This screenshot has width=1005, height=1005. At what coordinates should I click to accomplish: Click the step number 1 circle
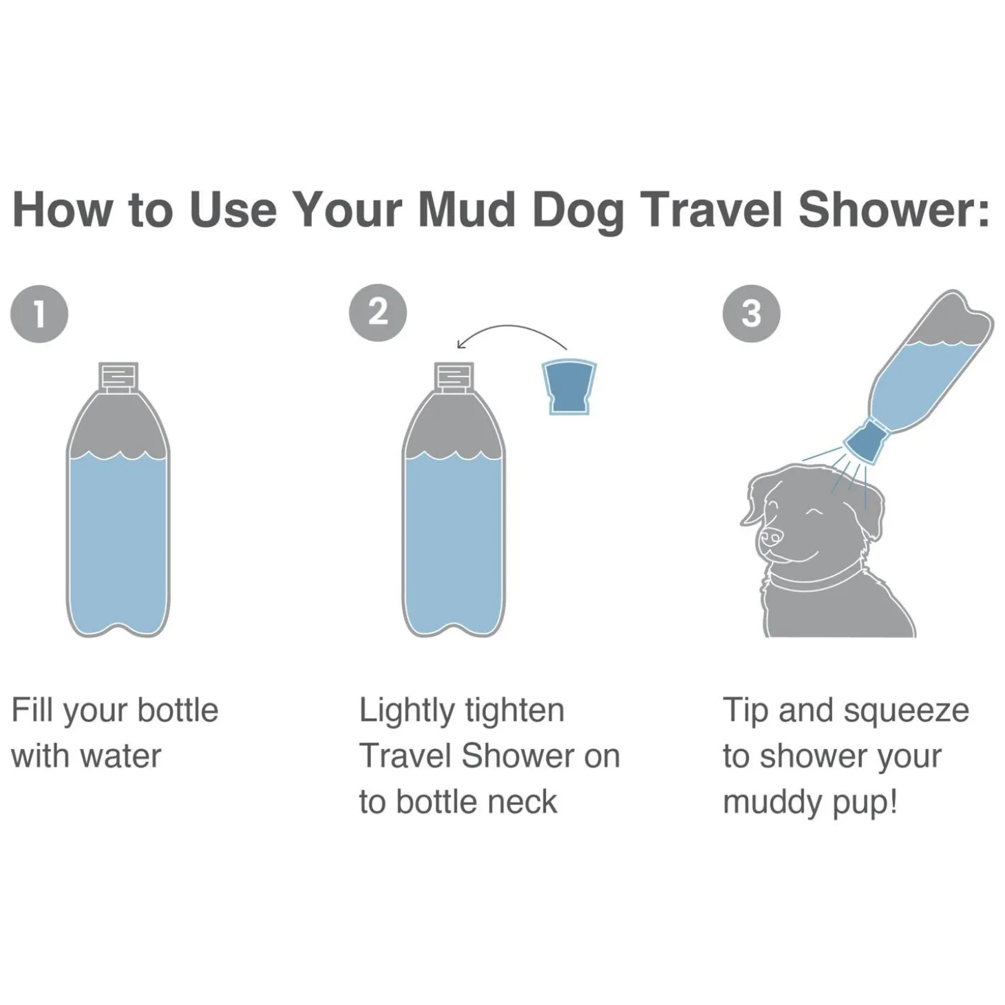click(39, 314)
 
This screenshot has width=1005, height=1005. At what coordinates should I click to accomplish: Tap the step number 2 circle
click(377, 313)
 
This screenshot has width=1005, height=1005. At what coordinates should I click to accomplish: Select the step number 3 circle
click(751, 314)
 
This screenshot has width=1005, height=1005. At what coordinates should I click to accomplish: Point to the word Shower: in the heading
click(893, 209)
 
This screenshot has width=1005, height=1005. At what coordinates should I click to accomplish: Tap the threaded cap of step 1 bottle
click(118, 377)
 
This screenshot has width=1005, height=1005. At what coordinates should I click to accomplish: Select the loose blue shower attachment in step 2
click(569, 386)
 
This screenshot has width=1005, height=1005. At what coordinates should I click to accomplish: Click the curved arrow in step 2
click(512, 329)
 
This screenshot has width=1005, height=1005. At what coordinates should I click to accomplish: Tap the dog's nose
click(771, 536)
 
